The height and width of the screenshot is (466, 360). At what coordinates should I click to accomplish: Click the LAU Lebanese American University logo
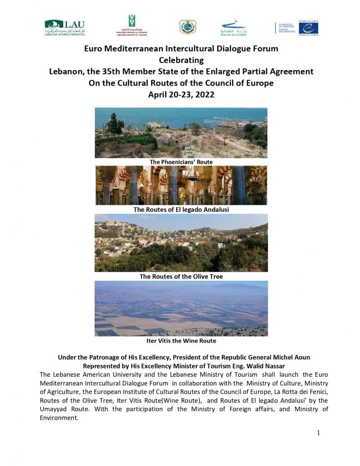pos(65,28)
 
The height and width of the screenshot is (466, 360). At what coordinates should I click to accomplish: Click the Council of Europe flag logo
pos(309,28)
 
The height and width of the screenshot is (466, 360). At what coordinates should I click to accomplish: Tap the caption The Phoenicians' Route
pos(181,162)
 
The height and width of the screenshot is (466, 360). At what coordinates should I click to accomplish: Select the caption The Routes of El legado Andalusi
pos(181,209)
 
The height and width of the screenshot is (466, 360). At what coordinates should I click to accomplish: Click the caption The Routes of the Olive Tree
pos(181,276)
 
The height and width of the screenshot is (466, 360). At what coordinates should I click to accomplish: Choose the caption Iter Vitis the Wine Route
pos(181,340)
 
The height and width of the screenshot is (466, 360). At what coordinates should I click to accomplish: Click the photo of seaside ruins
pos(181,132)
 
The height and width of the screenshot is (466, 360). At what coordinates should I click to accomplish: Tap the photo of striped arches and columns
pos(181,185)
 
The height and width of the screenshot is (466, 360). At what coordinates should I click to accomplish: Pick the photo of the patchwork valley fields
pos(181,309)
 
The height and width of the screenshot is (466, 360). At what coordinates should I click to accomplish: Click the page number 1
pos(318,433)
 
